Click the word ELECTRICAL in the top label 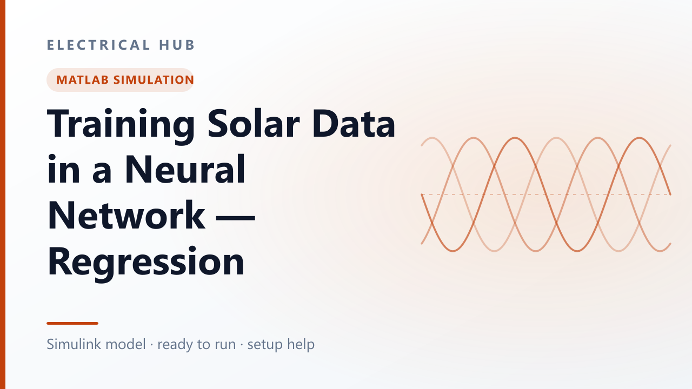tap(98, 45)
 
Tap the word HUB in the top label tap(177, 45)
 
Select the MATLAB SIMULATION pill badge tap(120, 79)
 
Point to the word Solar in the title tap(254, 123)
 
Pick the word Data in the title tap(354, 123)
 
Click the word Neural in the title tap(185, 169)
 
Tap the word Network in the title tap(127, 214)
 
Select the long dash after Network tap(235, 217)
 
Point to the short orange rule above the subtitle tap(72, 323)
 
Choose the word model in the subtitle tap(125, 344)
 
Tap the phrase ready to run tap(197, 345)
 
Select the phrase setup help tap(281, 345)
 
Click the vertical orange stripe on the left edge tap(3, 194)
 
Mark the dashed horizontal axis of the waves tap(546, 194)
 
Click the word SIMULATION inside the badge tap(154, 79)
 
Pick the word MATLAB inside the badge tap(83, 79)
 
